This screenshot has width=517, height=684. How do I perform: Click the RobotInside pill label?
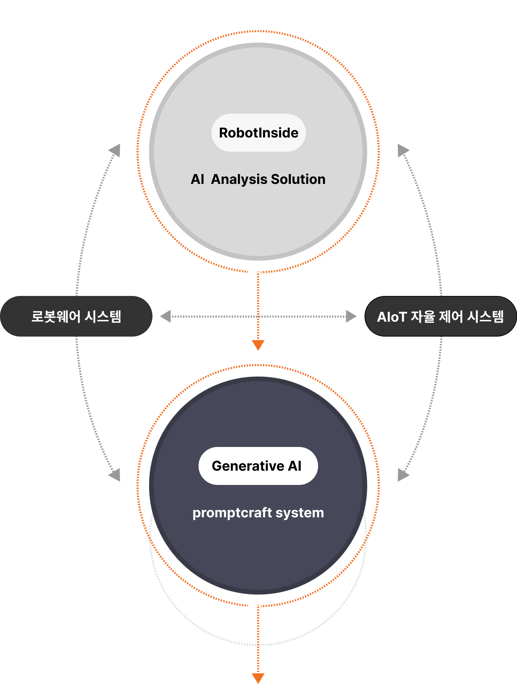point(258,133)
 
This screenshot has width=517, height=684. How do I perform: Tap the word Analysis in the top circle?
point(239,179)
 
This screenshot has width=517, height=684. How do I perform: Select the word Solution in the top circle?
point(298,179)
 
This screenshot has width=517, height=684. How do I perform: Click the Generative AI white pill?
point(258,466)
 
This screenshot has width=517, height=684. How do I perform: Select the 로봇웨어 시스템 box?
point(76,316)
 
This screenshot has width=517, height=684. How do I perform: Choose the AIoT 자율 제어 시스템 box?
point(440,316)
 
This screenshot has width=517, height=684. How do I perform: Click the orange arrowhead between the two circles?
point(258,345)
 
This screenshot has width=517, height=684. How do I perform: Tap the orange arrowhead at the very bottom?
point(258,678)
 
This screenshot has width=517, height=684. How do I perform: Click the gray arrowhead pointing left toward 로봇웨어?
point(166,316)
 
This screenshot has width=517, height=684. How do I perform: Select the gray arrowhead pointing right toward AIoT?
point(351,316)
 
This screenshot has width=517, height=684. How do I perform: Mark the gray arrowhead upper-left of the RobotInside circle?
point(115,150)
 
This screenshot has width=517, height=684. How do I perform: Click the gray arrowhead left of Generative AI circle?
point(115,475)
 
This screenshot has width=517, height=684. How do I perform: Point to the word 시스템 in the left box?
point(103,316)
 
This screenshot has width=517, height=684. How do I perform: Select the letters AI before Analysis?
point(198,179)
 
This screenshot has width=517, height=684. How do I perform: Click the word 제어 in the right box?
point(451,317)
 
